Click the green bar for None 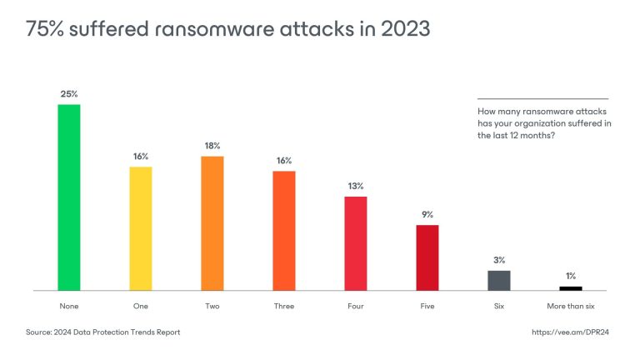pos(68,197)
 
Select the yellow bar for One pos(141,228)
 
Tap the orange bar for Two pos(212,223)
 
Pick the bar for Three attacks pos(284,230)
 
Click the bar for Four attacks pos(356,243)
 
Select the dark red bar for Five pos(427,257)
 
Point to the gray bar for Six pos(499,280)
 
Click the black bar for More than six pos(571,287)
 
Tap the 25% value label pos(68,94)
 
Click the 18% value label pos(212,146)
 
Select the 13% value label pos(356,186)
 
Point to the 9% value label pos(427,214)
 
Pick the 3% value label pos(499,260)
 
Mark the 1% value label pos(571,276)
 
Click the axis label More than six pos(571,306)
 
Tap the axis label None pos(68,306)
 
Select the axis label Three pos(284,306)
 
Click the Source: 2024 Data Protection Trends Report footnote pos(103,332)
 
